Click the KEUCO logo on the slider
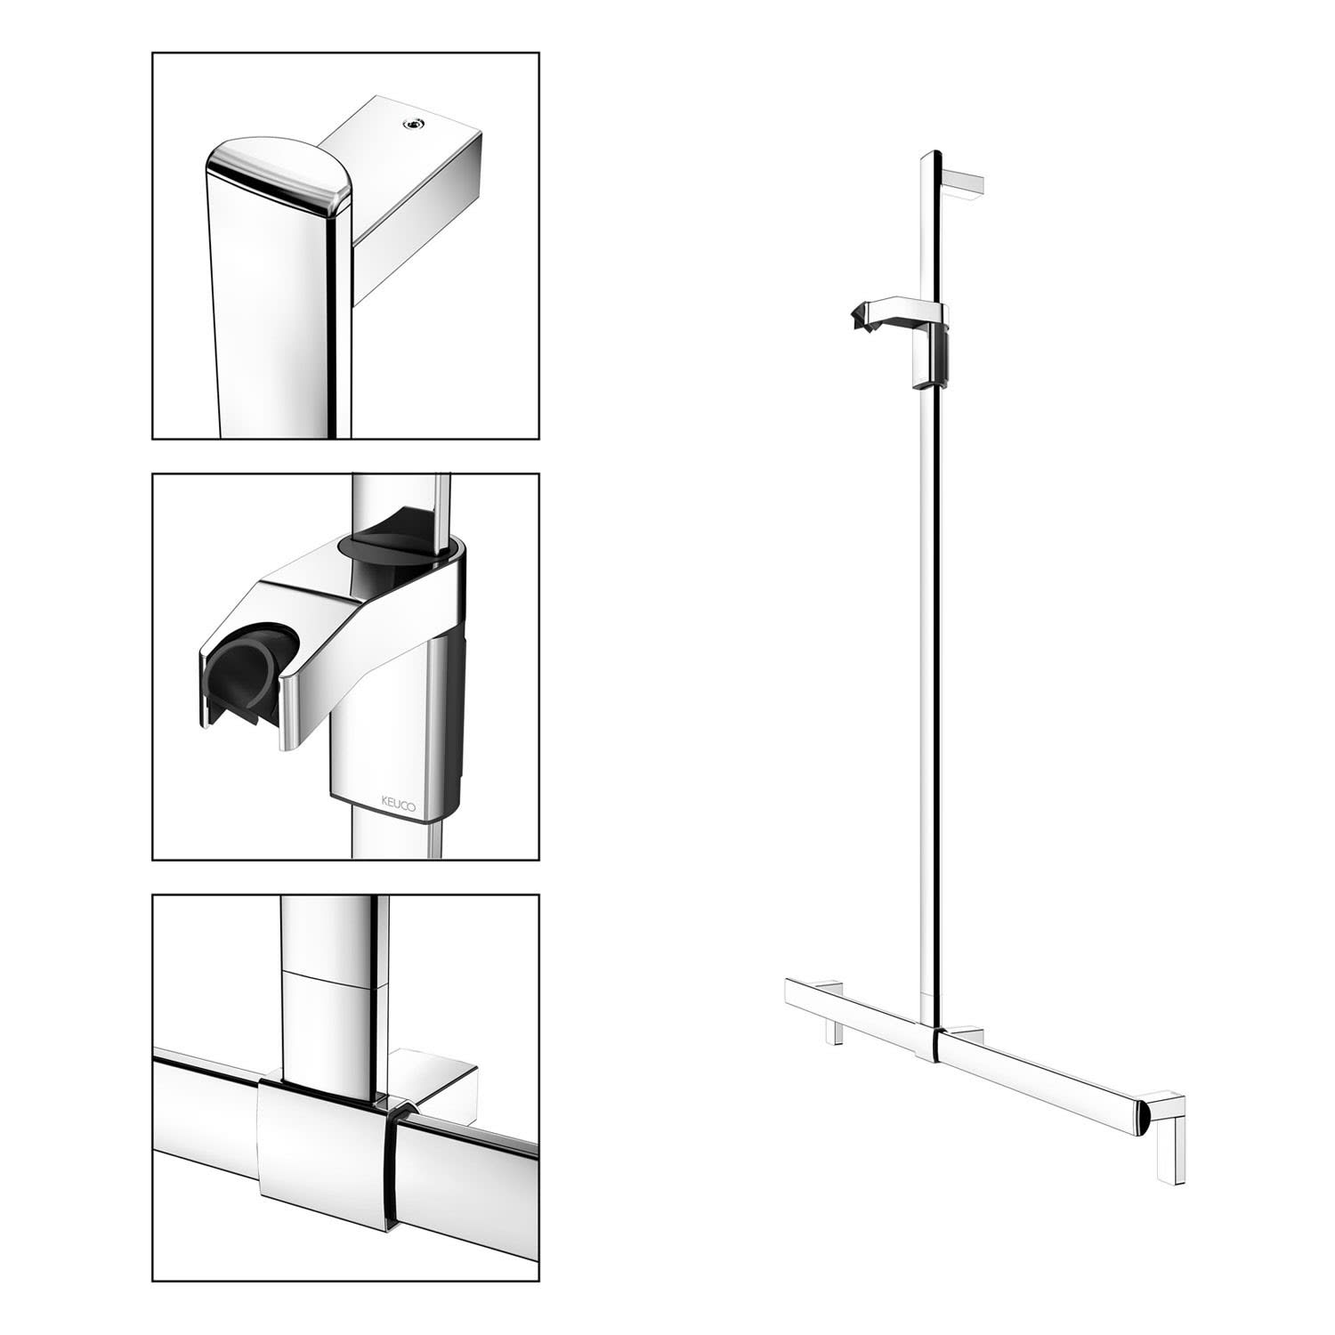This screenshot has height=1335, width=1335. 404,801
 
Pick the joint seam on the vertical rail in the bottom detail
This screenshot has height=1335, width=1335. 334,979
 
